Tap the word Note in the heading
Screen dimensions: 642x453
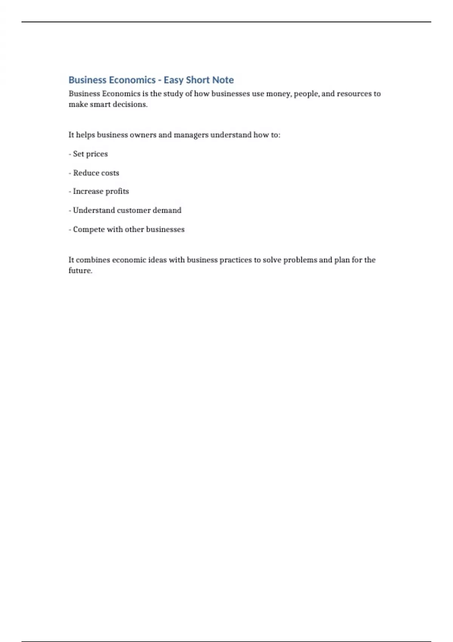[x=223, y=80]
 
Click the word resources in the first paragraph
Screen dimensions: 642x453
[x=354, y=94]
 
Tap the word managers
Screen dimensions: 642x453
[x=191, y=135]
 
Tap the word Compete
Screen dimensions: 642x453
[x=89, y=229]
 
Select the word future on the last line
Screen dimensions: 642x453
[x=80, y=270]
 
